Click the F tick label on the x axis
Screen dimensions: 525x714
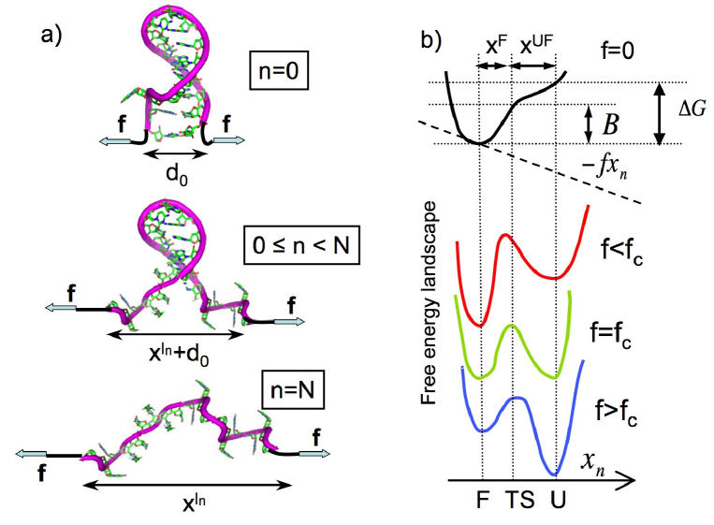[x=480, y=504]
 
